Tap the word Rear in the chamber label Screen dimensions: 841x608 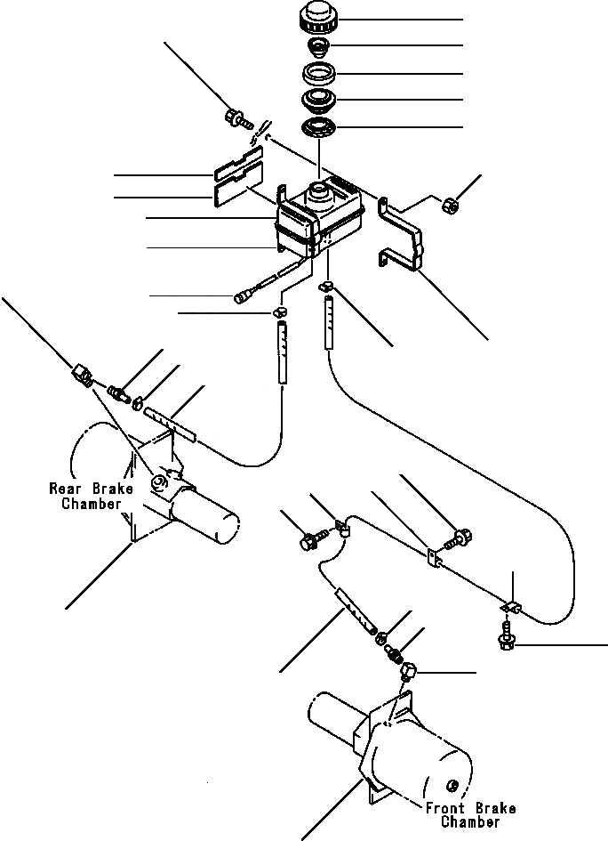67,489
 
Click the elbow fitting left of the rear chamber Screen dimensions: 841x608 82,375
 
